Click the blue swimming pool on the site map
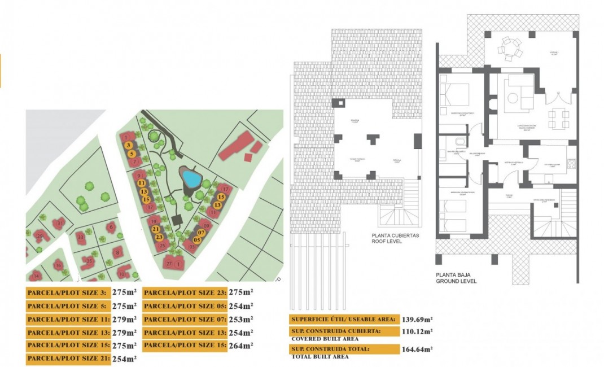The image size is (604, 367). point(192,180)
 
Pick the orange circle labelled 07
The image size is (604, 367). point(200,232)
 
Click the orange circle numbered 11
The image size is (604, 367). point(142,183)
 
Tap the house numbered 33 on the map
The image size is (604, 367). point(81,238)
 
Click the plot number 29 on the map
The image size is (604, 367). point(39,235)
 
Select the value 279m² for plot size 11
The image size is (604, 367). point(128,320)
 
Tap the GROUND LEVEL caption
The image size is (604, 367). point(456,281)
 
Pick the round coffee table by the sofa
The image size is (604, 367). point(513,98)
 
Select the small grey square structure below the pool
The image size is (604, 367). point(176,219)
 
